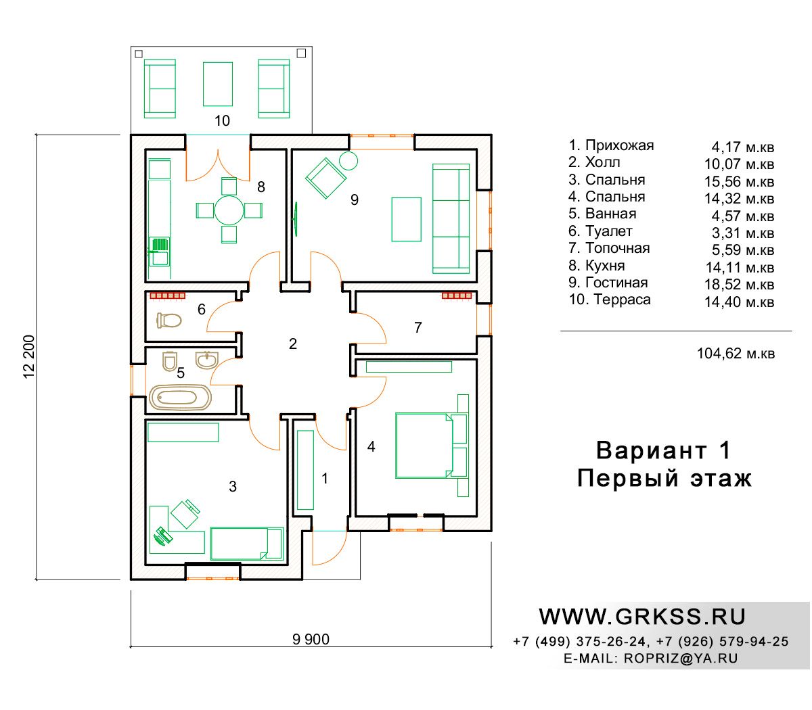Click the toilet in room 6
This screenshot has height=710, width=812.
pos(169,320)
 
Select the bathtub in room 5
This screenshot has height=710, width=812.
pos(180,397)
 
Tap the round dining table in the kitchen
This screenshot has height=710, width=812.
pos(229,210)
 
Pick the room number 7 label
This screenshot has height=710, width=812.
pos(418,327)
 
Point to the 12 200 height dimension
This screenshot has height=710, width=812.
pos(29,356)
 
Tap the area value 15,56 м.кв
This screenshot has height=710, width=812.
pos(739,181)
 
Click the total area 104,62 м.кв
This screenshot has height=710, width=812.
pos(736,353)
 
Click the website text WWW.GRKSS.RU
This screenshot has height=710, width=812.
pos(642,617)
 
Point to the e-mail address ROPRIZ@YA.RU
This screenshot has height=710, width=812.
pos(681,658)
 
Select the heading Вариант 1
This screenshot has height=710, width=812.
pos(663,450)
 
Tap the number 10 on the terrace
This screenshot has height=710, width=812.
pos(222,120)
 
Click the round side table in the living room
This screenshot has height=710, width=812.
pos(348,161)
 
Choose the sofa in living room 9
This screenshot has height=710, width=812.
pos(451,218)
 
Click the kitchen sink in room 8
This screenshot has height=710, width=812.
pos(160,252)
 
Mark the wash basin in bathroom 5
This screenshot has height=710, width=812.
pos(206,360)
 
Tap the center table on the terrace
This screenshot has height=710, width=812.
pos(217,84)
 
